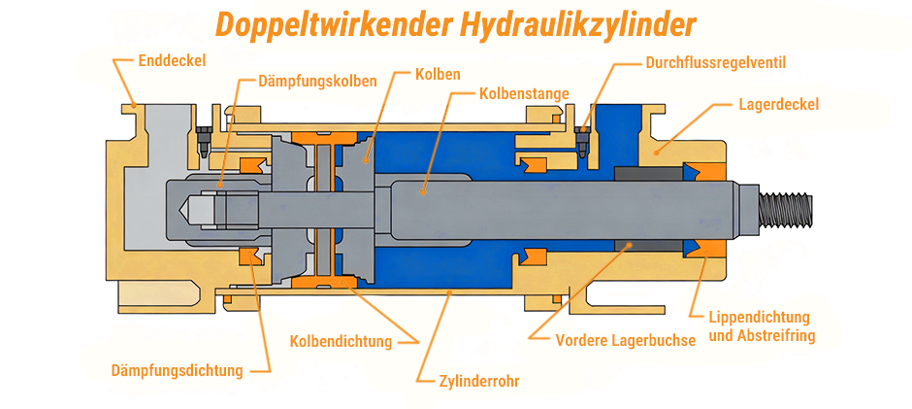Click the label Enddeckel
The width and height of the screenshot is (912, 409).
172,60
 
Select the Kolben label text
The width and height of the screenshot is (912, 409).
437,74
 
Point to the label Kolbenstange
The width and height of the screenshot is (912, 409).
524,94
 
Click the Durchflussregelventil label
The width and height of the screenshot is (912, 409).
715,63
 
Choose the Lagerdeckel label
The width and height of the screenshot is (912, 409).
778,104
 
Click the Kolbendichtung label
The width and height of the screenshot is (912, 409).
341,341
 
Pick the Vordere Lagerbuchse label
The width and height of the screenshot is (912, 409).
625,341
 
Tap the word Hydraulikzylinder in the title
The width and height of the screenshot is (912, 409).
573,23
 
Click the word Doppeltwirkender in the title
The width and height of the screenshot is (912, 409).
327,23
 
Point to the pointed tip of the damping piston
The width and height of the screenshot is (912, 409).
185,207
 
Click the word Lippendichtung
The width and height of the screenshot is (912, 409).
759,318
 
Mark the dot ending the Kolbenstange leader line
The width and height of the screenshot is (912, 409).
422,191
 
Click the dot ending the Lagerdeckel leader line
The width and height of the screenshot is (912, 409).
657,152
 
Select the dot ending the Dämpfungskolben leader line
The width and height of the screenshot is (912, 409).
219,184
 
